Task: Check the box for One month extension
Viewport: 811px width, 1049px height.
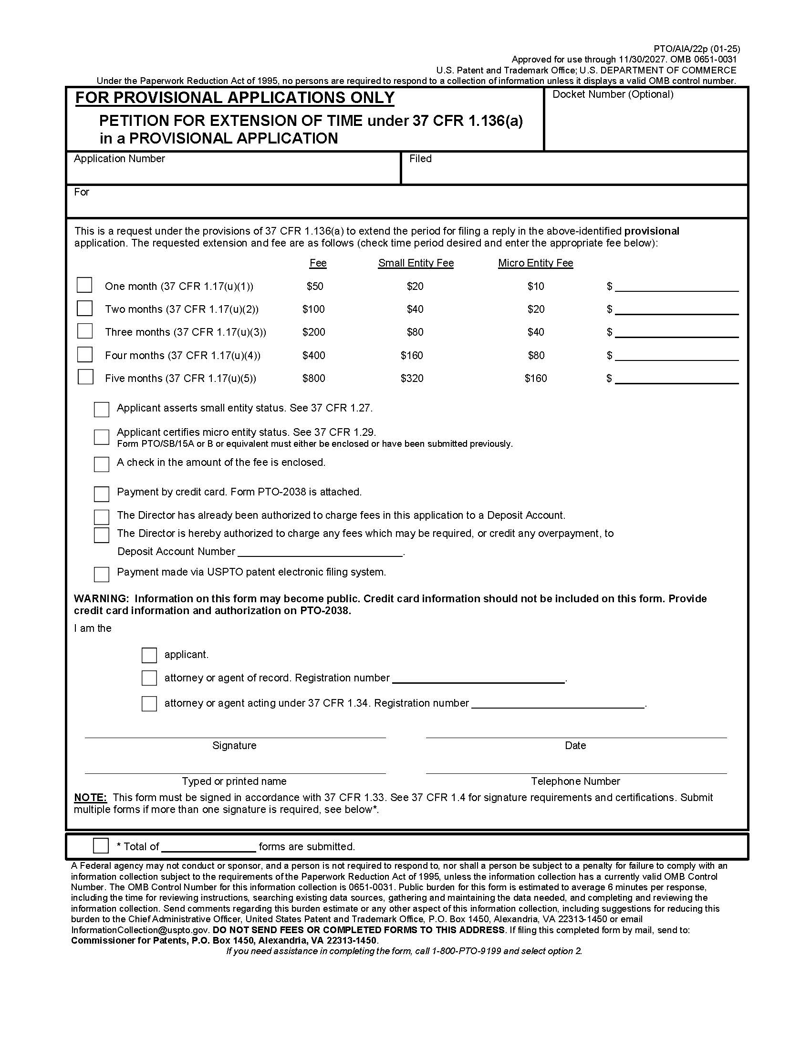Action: [84, 285]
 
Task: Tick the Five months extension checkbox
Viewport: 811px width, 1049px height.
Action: [85, 377]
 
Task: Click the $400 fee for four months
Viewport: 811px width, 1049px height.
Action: [313, 355]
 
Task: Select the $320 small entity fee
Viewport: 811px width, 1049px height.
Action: [412, 379]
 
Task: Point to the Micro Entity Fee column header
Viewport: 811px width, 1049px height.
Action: [535, 263]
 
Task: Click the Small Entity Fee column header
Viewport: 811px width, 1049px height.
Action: [416, 263]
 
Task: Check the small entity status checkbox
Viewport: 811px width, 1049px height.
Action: [101, 409]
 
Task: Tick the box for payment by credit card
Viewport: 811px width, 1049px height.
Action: [101, 494]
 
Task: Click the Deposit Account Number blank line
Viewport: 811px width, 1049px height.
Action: [320, 552]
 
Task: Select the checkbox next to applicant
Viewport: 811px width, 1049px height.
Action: [149, 655]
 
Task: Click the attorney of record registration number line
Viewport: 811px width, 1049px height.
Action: [478, 679]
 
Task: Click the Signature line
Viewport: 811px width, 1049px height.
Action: [235, 733]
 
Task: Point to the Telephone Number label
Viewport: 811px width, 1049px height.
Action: [575, 782]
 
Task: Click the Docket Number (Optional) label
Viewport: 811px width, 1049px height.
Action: [613, 94]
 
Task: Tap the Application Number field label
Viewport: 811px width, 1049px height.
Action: [119, 159]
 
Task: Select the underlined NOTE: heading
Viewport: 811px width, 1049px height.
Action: [90, 798]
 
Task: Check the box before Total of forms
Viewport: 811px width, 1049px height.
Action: [101, 846]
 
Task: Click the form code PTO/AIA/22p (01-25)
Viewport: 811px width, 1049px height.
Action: [696, 49]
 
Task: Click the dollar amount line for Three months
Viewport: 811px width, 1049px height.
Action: [676, 333]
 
